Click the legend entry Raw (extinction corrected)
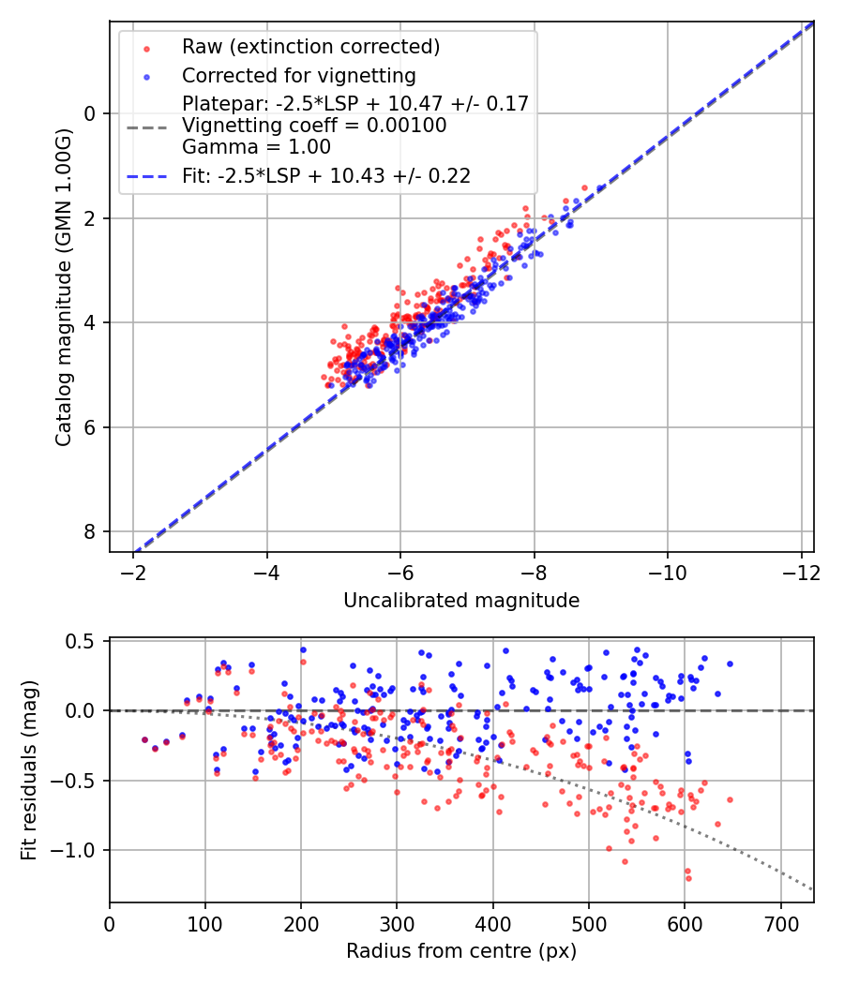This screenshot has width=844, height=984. click(311, 47)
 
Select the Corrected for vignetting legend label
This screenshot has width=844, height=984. click(299, 75)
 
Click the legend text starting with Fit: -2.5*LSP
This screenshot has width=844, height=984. click(326, 175)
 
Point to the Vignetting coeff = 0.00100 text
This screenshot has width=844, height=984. click(314, 126)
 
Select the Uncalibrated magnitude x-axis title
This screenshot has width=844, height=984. click(461, 601)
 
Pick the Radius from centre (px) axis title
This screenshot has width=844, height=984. click(461, 951)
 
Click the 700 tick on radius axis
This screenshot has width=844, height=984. click(780, 922)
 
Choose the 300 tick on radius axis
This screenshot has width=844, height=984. click(397, 922)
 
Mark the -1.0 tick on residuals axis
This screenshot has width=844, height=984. click(77, 850)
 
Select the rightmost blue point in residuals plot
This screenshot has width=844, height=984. click(730, 663)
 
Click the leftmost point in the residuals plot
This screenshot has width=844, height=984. click(144, 739)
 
